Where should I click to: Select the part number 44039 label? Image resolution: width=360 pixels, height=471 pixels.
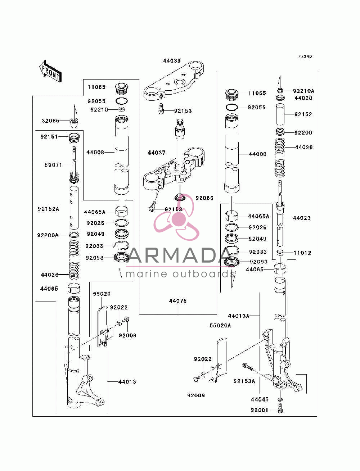[172, 61]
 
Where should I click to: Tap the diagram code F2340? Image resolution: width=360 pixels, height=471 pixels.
[305, 56]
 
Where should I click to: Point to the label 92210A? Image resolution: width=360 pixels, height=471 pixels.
[303, 91]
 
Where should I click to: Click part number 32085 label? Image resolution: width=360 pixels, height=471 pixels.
[50, 121]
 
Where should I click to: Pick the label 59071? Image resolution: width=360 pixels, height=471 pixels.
[53, 165]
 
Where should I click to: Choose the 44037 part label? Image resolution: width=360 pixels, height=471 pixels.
[157, 153]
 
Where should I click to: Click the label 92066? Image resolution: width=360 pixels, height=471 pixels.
[204, 198]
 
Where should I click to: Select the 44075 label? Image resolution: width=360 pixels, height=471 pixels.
[178, 301]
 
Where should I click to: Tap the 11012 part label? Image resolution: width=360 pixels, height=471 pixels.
[302, 253]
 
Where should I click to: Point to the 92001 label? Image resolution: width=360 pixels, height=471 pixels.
[260, 410]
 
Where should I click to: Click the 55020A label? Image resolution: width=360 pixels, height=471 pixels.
[220, 326]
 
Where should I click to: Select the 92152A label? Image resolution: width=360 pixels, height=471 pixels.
[48, 209]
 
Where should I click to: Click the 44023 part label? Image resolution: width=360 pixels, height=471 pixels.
[302, 218]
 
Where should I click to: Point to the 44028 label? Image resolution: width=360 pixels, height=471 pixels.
[303, 98]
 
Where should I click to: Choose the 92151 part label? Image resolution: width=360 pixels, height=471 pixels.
[49, 137]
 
